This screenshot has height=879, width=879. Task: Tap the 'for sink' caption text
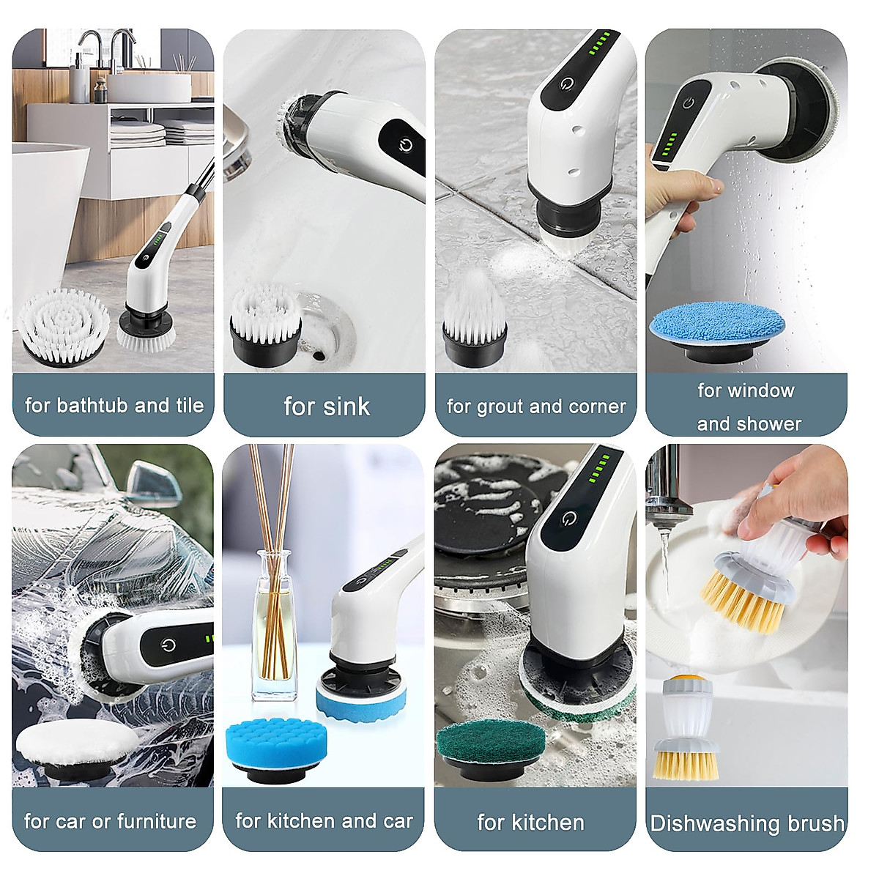pos(326,407)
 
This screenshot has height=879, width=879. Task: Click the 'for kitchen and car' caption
pos(324,821)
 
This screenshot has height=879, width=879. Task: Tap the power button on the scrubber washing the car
pos(168,645)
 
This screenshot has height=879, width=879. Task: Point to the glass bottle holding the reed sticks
pos(272,630)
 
